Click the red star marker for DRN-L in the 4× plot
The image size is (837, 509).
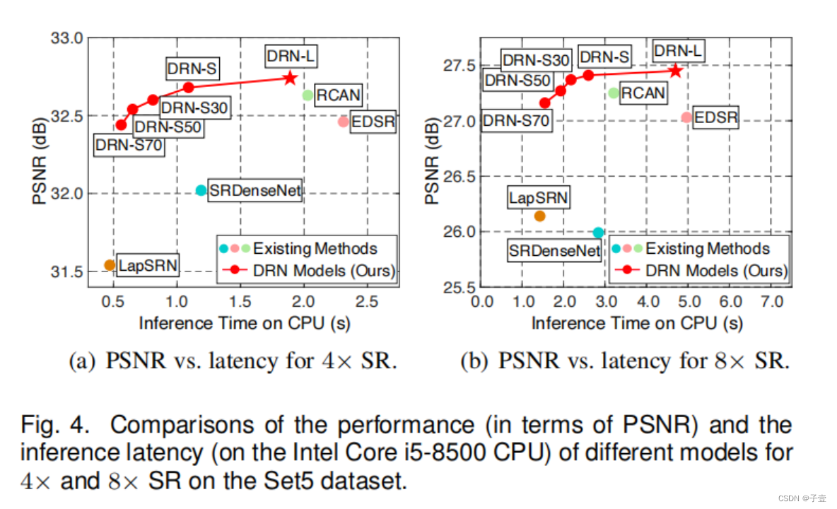click(290, 77)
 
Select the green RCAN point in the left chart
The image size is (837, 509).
click(308, 95)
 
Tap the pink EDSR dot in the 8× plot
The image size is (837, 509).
click(686, 117)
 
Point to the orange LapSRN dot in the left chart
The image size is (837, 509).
click(110, 265)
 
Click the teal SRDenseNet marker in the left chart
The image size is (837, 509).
click(201, 190)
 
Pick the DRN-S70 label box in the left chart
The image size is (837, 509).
click(129, 147)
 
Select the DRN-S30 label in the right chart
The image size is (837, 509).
click(535, 60)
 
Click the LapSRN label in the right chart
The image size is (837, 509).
click(538, 198)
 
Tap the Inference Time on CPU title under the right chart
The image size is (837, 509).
click(637, 324)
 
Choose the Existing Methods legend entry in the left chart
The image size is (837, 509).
click(315, 248)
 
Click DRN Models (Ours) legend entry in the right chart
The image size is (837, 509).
click(715, 271)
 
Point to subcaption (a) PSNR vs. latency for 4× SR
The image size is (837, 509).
click(233, 361)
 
